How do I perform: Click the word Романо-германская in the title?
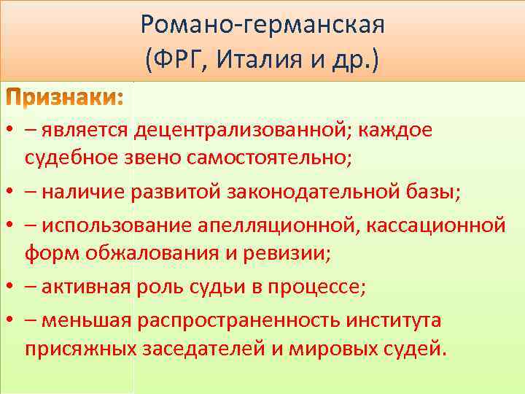click(x=262, y=26)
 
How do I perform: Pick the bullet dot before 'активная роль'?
click(x=10, y=287)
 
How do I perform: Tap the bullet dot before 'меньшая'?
click(x=10, y=320)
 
